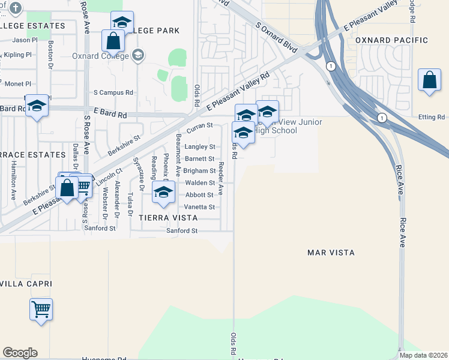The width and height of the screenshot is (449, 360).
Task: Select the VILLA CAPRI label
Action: click(x=26, y=283)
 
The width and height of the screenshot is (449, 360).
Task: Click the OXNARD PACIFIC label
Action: click(x=391, y=40)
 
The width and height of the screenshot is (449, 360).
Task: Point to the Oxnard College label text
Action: click(x=100, y=56)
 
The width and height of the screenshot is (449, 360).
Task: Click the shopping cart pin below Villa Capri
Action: click(x=41, y=310)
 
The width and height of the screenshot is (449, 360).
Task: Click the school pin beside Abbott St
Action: click(x=163, y=193)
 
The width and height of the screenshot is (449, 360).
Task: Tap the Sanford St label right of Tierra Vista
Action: click(x=182, y=231)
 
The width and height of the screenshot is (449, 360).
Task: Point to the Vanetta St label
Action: click(x=200, y=207)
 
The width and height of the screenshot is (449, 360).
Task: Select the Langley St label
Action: click(x=200, y=146)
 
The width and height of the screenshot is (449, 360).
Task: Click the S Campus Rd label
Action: click(x=113, y=93)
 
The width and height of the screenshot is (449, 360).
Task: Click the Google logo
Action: click(x=20, y=353)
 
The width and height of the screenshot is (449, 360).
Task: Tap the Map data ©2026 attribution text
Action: click(x=423, y=355)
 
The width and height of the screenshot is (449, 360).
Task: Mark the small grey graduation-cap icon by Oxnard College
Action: click(x=138, y=56)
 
